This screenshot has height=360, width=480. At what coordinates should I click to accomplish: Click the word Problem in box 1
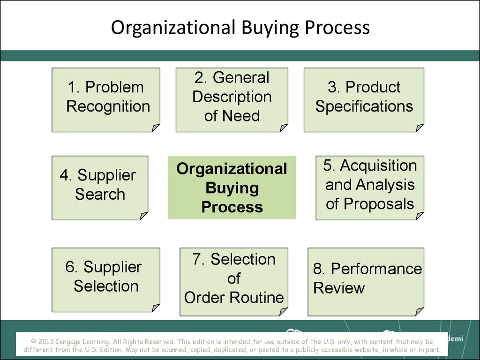[114, 87]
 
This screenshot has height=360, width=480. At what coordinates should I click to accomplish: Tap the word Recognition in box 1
[108, 106]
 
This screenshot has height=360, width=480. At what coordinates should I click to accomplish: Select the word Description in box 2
[232, 97]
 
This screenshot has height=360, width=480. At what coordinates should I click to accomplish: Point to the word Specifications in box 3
[364, 106]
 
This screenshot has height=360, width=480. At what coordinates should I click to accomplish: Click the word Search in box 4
[100, 194]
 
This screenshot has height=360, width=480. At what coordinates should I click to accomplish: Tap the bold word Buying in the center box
[232, 188]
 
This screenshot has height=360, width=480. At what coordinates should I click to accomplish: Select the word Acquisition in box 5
[378, 165]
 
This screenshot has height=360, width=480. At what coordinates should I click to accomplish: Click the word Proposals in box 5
[379, 204]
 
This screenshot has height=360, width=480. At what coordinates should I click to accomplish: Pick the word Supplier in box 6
[112, 267]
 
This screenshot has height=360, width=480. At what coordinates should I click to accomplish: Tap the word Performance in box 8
[376, 269]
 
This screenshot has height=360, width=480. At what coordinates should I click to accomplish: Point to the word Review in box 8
[339, 288]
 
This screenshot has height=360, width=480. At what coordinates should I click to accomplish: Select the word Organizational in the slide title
[173, 27]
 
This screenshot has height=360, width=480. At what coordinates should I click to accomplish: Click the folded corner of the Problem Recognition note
[156, 127]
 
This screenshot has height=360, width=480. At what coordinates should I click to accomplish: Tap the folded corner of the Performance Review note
[420, 312]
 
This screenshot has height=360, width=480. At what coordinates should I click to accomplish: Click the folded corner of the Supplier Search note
[144, 216]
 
